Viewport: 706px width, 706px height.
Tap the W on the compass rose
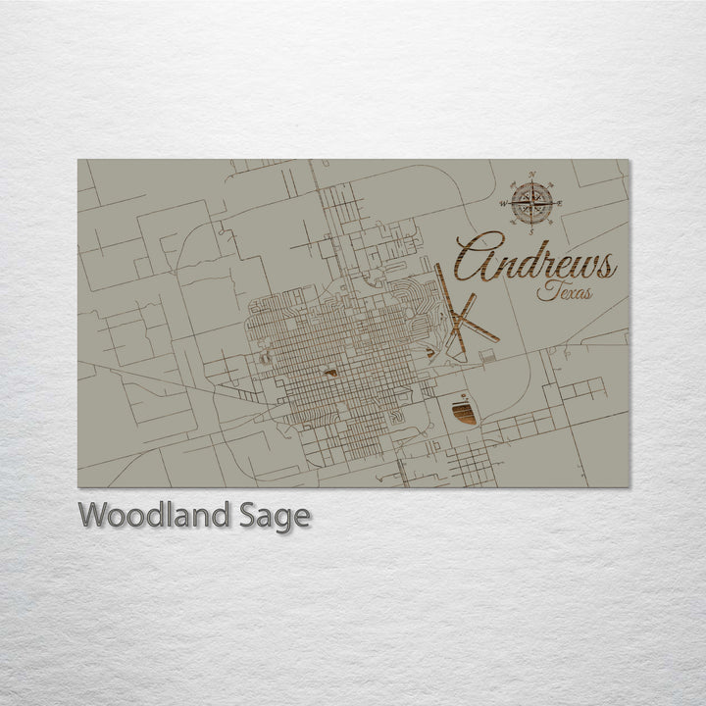coord(504,204)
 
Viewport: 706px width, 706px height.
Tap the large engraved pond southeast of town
coord(464,412)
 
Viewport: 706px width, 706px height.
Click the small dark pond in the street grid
coord(331,373)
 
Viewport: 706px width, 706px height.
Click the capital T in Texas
coord(544,288)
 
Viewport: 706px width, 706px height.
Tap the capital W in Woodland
coord(93,515)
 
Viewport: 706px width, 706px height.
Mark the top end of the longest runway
coord(438,264)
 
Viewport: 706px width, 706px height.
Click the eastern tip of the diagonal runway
coord(498,340)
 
